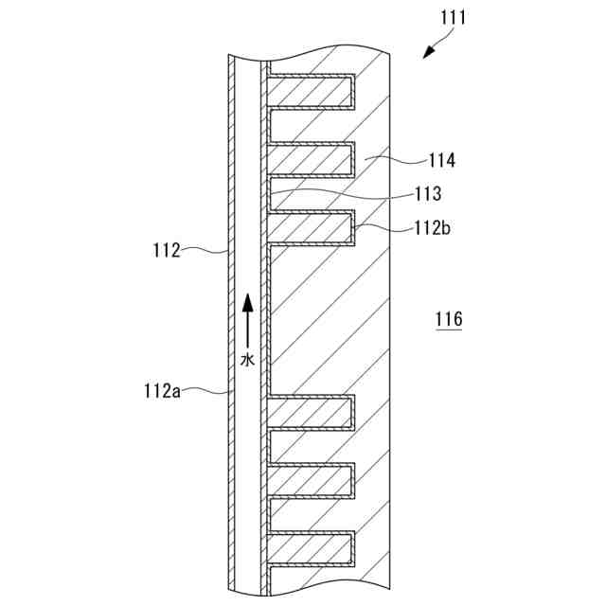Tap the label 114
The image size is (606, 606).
point(441,161)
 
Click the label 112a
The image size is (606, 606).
point(162,390)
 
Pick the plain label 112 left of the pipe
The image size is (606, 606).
point(167,251)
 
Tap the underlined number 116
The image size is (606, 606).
point(449,320)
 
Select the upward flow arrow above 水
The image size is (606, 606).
point(247,318)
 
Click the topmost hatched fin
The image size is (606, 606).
point(311,90)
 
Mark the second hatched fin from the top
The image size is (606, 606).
point(311,158)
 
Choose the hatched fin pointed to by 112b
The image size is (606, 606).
point(311,227)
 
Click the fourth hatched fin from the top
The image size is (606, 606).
point(311,412)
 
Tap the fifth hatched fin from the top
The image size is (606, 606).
point(311,480)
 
